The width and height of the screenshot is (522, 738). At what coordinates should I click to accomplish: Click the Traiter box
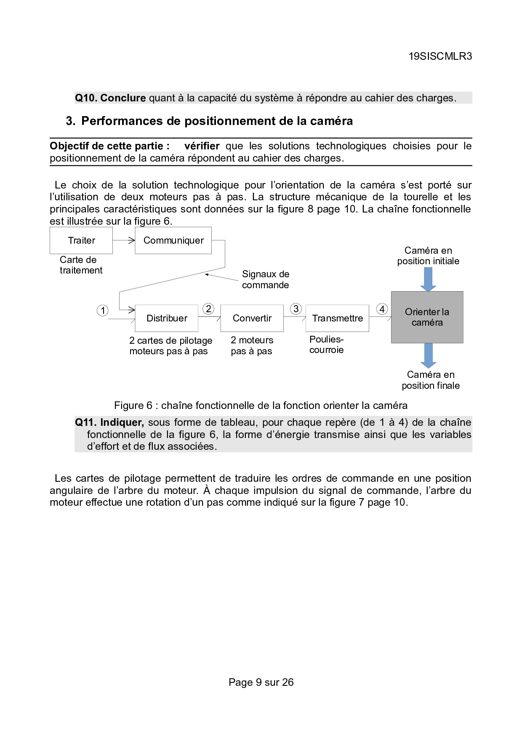[81, 240]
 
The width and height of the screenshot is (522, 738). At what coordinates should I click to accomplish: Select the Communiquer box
[173, 240]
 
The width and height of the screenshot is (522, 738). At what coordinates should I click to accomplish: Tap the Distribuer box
[167, 318]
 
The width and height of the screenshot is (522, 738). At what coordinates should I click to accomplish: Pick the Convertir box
[252, 318]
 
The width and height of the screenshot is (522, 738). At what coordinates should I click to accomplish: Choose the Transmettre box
[337, 318]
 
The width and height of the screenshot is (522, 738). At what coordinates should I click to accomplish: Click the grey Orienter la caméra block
[427, 317]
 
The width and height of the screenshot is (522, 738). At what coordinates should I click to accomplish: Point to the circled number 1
[102, 311]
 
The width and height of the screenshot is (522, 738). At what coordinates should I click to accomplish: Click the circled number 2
[208, 309]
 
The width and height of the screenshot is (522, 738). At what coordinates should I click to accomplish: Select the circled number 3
[296, 309]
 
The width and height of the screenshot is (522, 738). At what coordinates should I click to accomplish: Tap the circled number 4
[382, 309]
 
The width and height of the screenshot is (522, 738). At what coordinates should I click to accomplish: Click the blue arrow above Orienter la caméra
[428, 279]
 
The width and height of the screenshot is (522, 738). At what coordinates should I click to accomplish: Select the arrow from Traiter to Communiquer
[124, 240]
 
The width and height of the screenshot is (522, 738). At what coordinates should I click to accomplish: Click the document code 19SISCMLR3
[440, 56]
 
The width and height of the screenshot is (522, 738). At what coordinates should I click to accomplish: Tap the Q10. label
[86, 98]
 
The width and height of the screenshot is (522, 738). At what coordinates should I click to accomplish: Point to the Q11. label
[86, 422]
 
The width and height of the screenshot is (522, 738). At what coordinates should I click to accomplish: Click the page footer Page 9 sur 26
[261, 682]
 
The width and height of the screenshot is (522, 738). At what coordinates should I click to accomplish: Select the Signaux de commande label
[266, 279]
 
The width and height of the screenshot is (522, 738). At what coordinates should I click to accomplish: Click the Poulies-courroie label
[326, 345]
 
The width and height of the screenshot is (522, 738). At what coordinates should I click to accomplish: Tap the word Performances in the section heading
[123, 121]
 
